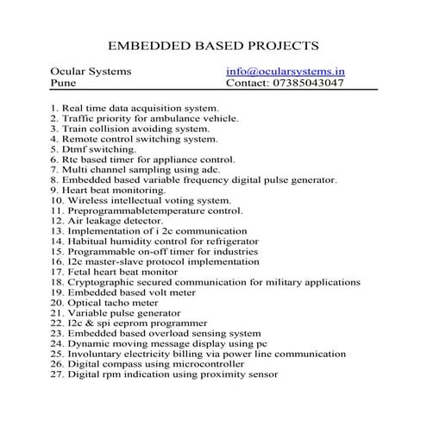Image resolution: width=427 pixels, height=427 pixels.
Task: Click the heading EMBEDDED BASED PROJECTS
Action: (212, 43)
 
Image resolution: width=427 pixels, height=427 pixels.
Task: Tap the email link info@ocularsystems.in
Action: (285, 72)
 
